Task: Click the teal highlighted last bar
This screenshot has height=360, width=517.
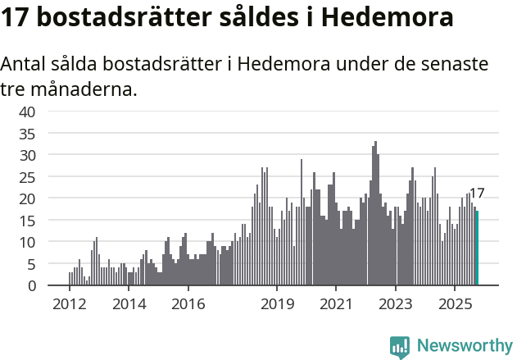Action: pyautogui.click(x=478, y=248)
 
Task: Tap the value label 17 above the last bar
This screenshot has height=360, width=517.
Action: pyautogui.click(x=477, y=194)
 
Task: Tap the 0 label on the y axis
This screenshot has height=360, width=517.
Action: pyautogui.click(x=31, y=285)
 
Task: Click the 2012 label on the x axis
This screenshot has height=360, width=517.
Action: pyautogui.click(x=69, y=303)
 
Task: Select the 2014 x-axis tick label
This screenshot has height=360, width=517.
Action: pyautogui.click(x=129, y=303)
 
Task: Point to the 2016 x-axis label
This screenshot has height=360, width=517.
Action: pyautogui.click(x=188, y=303)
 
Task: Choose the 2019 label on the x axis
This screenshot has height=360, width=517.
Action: pyautogui.click(x=277, y=303)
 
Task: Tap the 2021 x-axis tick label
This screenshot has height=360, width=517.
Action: pyautogui.click(x=336, y=303)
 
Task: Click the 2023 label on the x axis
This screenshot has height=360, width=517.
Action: pyautogui.click(x=396, y=303)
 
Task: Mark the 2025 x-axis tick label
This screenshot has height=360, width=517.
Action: pyautogui.click(x=455, y=303)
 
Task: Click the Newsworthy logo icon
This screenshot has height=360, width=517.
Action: pyautogui.click(x=400, y=347)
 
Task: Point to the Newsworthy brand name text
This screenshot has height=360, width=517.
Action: pyautogui.click(x=464, y=347)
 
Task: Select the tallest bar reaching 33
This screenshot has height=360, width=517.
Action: pyautogui.click(x=375, y=213)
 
